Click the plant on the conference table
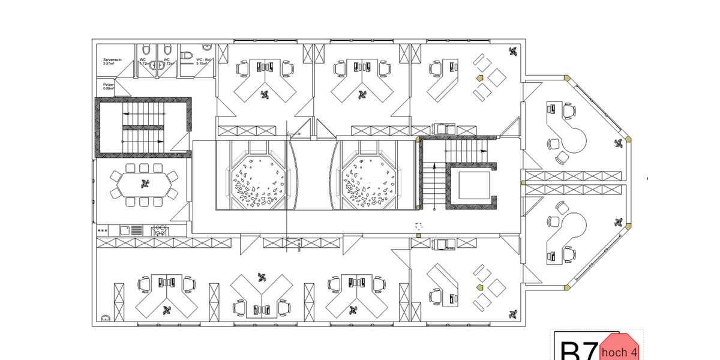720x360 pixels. [x=144, y=184]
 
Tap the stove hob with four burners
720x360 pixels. [x=161, y=229]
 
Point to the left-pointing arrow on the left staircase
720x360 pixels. [x=127, y=112]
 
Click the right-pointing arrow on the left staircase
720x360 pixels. [x=160, y=140]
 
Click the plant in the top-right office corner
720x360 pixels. [x=512, y=52]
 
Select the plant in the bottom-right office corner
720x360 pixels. [x=512, y=313]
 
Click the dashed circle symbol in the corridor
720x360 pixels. [x=419, y=226]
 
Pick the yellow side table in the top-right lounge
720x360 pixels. [x=479, y=79]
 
